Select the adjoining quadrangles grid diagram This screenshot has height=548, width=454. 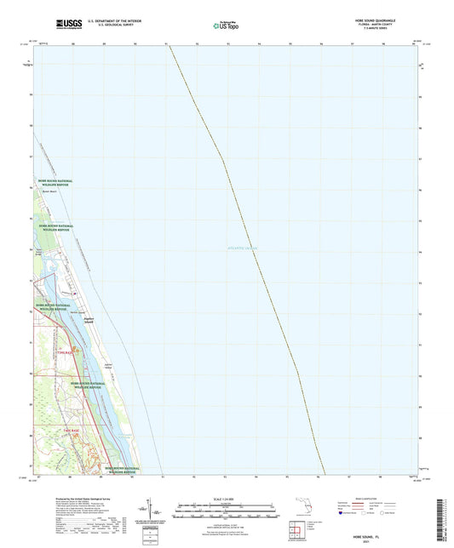tap(297, 532)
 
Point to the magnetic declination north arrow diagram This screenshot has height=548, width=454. tap(154, 510)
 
